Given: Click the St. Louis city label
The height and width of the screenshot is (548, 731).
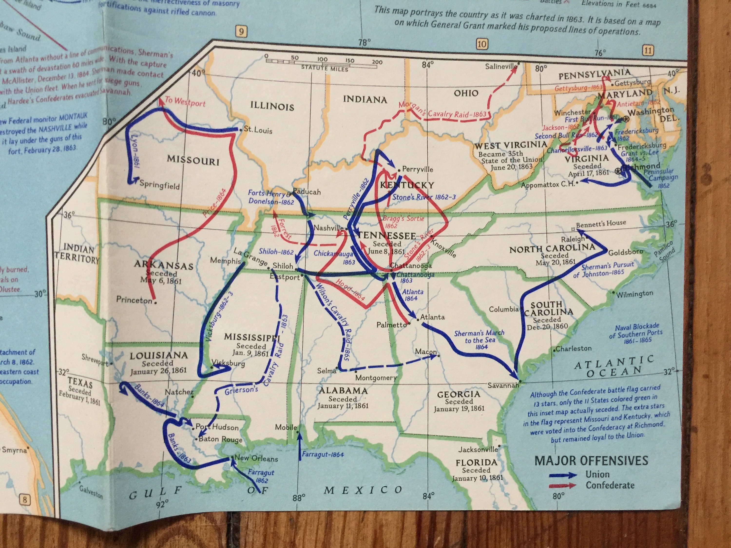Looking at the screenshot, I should [258, 130].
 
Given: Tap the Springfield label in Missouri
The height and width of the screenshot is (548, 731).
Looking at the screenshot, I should [159, 184].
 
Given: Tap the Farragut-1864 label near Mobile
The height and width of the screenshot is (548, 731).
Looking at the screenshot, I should [323, 454].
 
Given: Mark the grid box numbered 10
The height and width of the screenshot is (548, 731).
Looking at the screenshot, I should [482, 44].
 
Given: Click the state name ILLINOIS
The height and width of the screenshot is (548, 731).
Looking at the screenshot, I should [272, 106].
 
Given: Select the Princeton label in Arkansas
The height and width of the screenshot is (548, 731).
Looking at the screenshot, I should [134, 300].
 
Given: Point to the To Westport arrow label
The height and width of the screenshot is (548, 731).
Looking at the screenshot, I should [185, 102].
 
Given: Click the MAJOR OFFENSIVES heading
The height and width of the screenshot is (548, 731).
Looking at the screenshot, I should [591, 461].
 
